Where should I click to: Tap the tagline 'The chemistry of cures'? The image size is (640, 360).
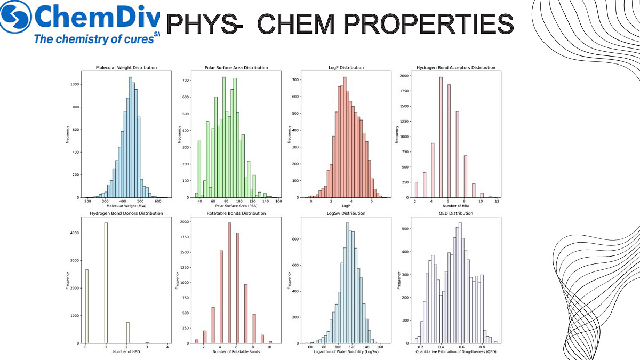(x=93, y=38)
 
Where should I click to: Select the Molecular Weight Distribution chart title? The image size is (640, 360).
(x=126, y=68)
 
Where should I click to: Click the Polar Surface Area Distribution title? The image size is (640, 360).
(x=236, y=68)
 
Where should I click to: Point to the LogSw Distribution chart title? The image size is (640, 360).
(x=346, y=213)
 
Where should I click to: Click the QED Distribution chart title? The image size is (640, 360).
(x=456, y=213)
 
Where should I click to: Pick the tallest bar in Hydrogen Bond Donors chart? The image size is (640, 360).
(x=106, y=283)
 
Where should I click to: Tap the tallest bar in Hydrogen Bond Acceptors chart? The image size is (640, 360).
(x=441, y=137)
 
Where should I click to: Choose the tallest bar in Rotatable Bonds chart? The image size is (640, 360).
(x=229, y=283)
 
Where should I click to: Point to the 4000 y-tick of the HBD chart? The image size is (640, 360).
(x=76, y=233)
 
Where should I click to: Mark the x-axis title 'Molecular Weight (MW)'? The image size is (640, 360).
(x=126, y=206)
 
